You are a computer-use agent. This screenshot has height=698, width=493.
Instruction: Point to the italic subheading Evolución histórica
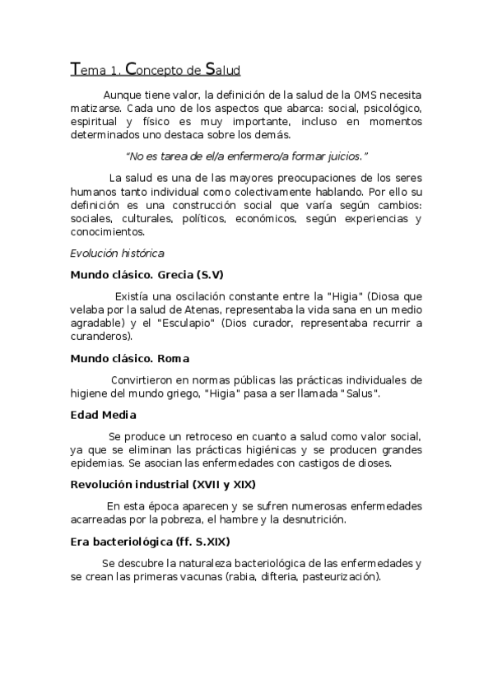pos(117,253)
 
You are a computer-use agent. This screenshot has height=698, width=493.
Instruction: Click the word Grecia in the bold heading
pos(172,274)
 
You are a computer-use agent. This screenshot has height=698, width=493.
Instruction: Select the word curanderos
pos(100,337)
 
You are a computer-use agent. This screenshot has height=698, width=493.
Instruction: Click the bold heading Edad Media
pos(103,415)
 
